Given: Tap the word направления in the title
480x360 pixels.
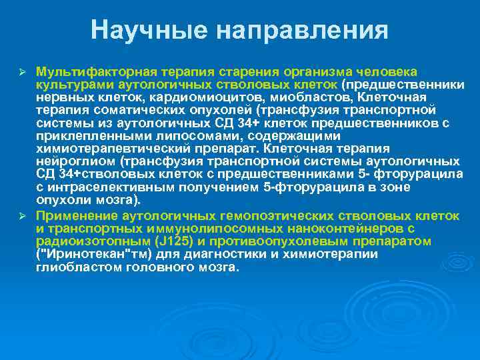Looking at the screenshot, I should (x=289, y=29).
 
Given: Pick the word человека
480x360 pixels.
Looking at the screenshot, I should (x=386, y=71).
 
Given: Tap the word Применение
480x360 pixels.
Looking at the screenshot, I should (x=77, y=216).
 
